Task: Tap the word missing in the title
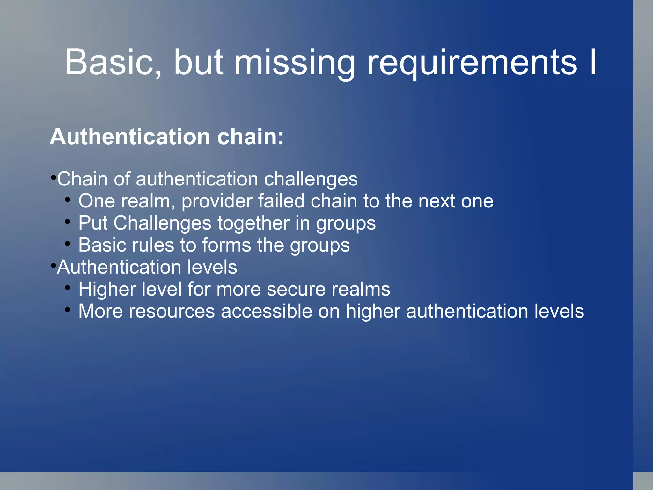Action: (x=295, y=63)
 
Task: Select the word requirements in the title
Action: (x=472, y=63)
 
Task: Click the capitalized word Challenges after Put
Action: (x=162, y=223)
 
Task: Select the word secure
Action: (x=296, y=290)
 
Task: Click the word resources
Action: (x=172, y=311)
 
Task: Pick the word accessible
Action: (x=266, y=311)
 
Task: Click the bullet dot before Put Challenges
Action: (x=67, y=222)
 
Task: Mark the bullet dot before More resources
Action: (x=67, y=310)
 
